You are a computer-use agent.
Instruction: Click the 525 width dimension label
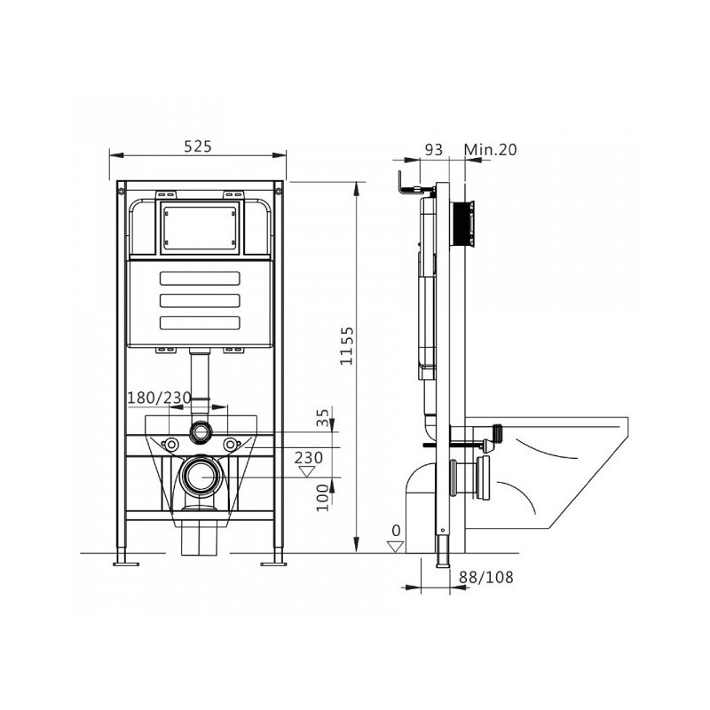tap(198, 146)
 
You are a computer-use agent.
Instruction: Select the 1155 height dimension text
tap(347, 346)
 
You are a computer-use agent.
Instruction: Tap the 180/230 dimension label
tap(159, 398)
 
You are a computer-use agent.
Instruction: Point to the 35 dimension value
tap(322, 417)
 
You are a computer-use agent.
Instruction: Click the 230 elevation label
tap(309, 458)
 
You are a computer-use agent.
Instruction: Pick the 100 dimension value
tap(322, 498)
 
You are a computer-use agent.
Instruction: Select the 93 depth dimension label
tap(434, 149)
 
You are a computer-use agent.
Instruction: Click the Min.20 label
tap(491, 149)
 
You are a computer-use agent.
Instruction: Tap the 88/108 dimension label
tap(486, 578)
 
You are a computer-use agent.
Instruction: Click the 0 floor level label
tap(396, 531)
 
